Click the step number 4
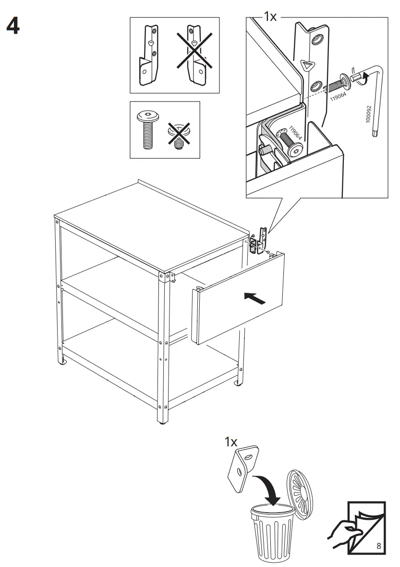(x=13, y=27)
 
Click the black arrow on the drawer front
(x=255, y=299)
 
